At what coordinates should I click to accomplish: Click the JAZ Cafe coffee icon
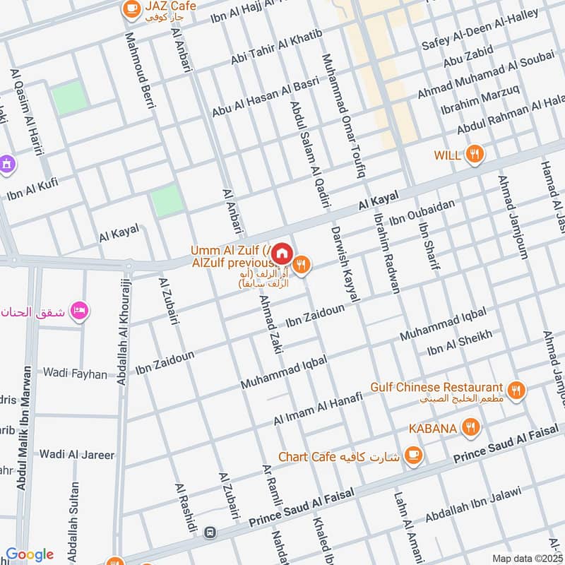pos(131,8)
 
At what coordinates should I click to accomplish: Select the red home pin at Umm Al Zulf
pos(282,253)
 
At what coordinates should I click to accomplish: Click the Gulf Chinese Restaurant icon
pos(516,389)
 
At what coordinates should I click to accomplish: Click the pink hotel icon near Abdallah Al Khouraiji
pos(79,311)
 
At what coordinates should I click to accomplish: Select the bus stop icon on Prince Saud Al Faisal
pos(208,531)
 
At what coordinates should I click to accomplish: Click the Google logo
pos(30,554)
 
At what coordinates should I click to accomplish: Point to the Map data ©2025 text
pos(527,558)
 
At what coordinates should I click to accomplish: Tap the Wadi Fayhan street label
pos(75,373)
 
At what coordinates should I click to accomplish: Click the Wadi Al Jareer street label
pos(77,454)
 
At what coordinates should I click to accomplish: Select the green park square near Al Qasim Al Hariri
pos(70,98)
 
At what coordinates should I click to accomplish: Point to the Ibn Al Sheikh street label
pos(459,343)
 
